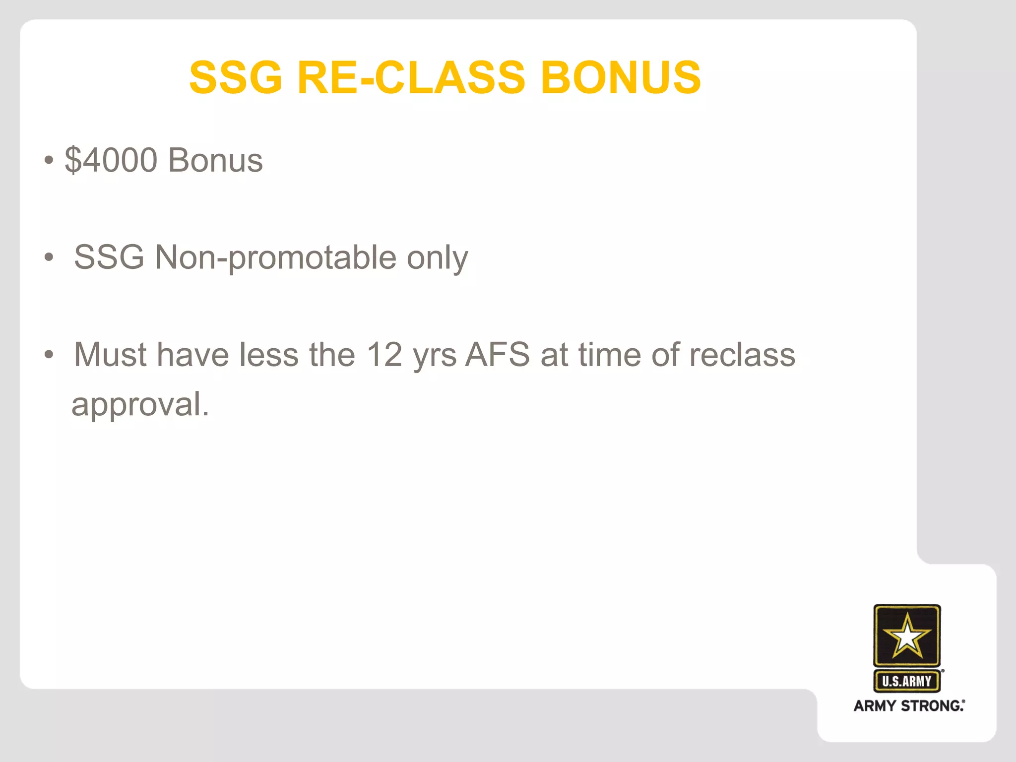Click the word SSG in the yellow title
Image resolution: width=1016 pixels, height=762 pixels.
pyautogui.click(x=236, y=77)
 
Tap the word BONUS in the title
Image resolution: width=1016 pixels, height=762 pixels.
pyautogui.click(x=621, y=77)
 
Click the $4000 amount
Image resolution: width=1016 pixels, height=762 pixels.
pyautogui.click(x=111, y=160)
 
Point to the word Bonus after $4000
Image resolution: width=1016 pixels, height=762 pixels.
pyautogui.click(x=215, y=160)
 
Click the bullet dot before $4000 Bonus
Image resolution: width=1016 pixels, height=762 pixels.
pyautogui.click(x=48, y=161)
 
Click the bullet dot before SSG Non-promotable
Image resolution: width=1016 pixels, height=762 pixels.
pyautogui.click(x=48, y=257)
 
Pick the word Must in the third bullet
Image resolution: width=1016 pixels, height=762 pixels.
pyautogui.click(x=110, y=355)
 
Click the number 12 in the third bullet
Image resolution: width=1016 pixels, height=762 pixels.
pyautogui.click(x=384, y=355)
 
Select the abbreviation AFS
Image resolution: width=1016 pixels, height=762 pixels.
pyautogui.click(x=498, y=355)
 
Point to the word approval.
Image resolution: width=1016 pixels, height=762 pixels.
pyautogui.click(x=140, y=405)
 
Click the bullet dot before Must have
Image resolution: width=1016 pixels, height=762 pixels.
pyautogui.click(x=48, y=355)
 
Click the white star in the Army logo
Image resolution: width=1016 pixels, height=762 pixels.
pyautogui.click(x=907, y=635)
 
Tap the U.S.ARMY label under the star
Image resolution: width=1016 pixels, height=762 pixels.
pyautogui.click(x=907, y=681)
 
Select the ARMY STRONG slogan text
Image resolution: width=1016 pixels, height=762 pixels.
pyautogui.click(x=909, y=705)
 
